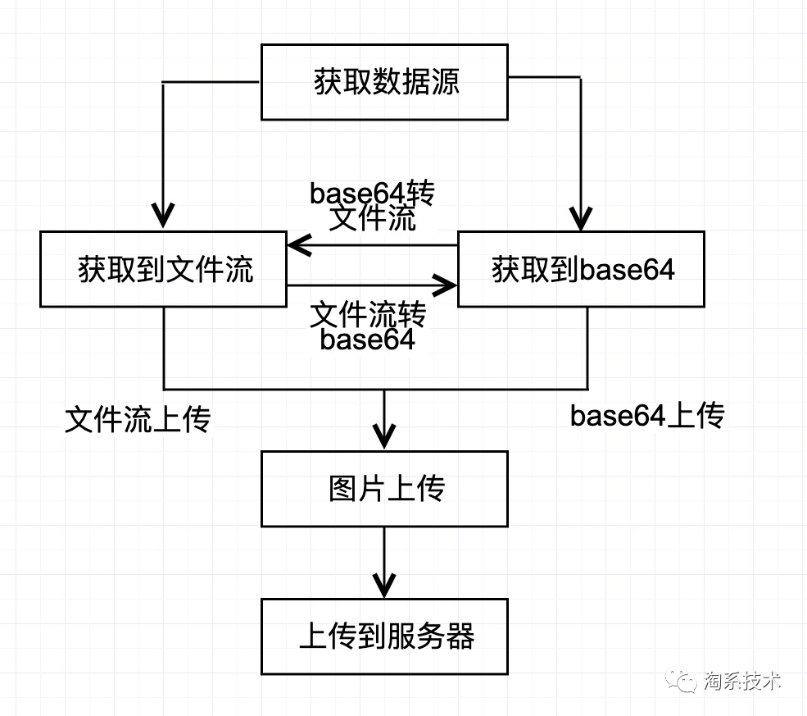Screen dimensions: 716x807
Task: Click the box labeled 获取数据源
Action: click(384, 81)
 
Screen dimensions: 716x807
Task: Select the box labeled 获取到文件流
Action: click(163, 269)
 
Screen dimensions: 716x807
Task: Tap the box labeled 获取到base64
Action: click(581, 269)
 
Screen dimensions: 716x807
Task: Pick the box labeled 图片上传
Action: click(384, 489)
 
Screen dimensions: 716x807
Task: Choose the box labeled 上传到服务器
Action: click(384, 636)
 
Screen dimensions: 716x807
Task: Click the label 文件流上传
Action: click(138, 420)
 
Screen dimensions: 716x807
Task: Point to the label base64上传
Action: click(647, 417)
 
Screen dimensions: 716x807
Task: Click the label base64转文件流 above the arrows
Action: click(373, 206)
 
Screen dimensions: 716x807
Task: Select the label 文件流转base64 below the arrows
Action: click(369, 326)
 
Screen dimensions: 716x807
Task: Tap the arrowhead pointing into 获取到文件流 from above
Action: click(164, 217)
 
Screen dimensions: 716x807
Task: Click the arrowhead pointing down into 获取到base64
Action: click(581, 219)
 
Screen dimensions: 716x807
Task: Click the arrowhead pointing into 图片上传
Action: click(384, 434)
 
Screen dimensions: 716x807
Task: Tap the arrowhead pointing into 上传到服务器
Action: click(384, 583)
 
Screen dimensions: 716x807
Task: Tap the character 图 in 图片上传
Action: click(342, 489)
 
